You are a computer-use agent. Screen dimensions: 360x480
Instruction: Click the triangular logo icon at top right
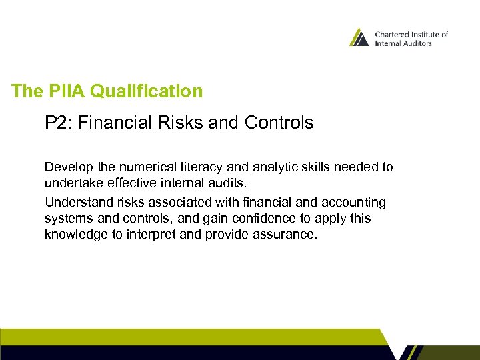click(359, 37)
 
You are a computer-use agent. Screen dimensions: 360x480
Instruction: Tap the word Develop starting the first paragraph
click(65, 167)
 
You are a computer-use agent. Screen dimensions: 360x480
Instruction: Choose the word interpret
click(168, 235)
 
